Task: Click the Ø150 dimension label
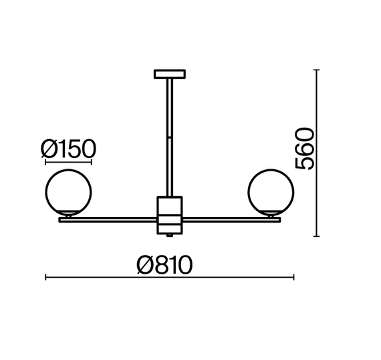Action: point(68,149)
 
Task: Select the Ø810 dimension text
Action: point(164,265)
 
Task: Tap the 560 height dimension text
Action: point(304,149)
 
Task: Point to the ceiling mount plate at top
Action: point(170,74)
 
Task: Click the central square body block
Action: point(170,215)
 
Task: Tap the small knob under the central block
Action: point(170,236)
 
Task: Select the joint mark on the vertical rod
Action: point(170,138)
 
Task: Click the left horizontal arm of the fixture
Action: point(108,220)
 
